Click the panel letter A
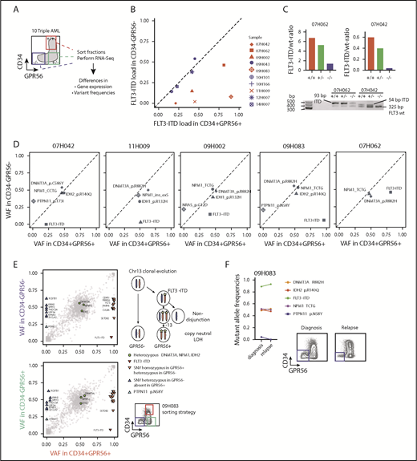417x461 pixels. click(x=6, y=9)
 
